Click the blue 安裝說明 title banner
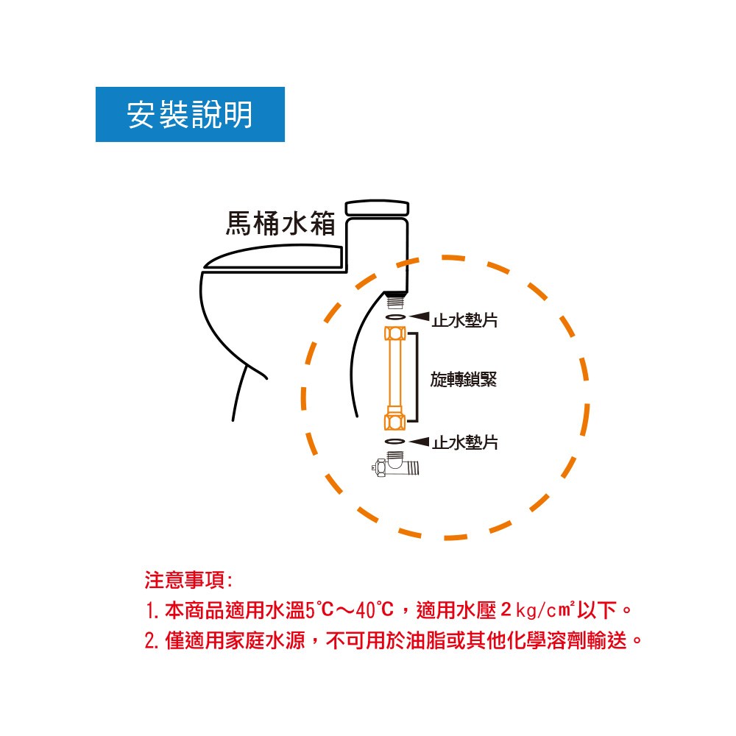click(190, 114)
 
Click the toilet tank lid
click(377, 208)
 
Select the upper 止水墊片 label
click(464, 320)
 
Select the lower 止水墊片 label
click(464, 442)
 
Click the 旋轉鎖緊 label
click(463, 379)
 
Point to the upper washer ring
click(395, 317)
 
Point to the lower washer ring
click(394, 441)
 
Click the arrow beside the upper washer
click(420, 316)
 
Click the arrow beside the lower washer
click(420, 441)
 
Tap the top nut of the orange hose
click(394, 333)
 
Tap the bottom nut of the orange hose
click(394, 420)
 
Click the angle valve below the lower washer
click(395, 464)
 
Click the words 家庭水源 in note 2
click(265, 640)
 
